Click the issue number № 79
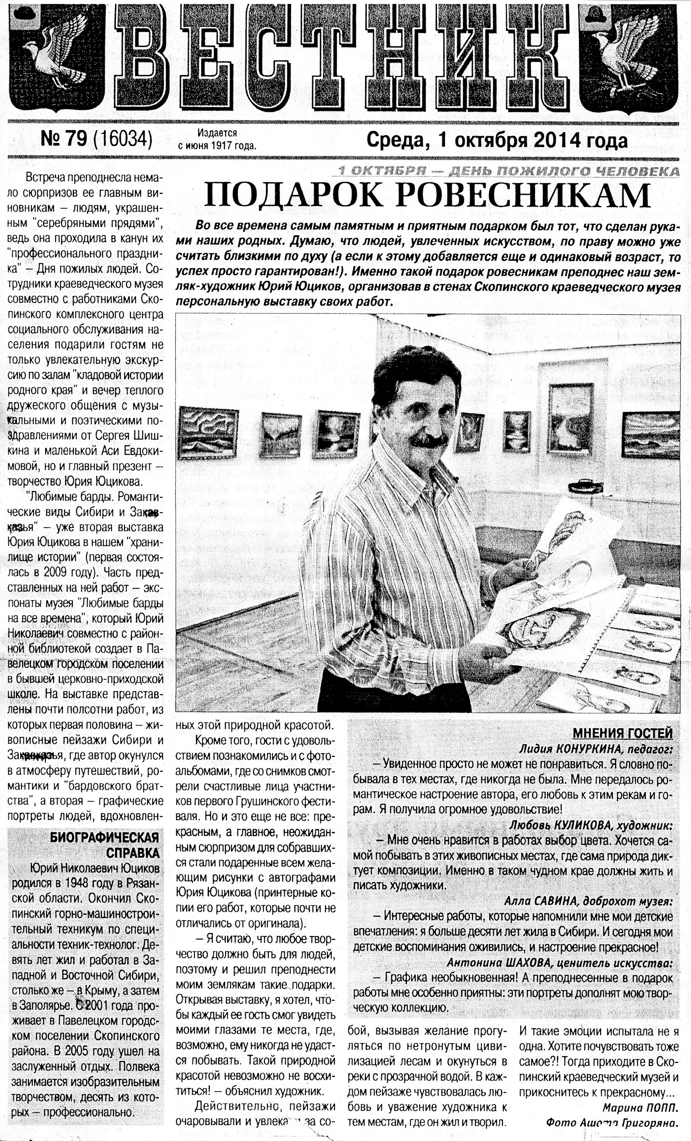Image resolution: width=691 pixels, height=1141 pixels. point(64,140)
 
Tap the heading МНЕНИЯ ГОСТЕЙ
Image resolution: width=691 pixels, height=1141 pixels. point(622,733)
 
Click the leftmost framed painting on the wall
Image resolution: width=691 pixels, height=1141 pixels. point(208,429)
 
